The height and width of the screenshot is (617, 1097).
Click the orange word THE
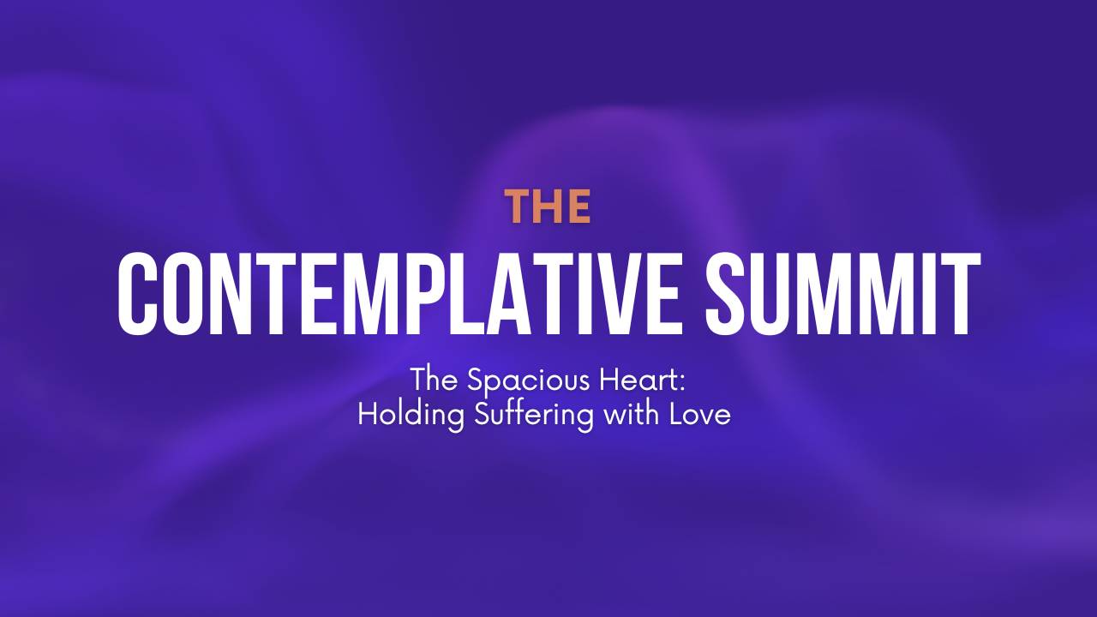point(548,207)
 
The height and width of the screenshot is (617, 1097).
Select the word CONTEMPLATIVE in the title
point(403,294)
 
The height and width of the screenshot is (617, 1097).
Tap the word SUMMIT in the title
point(842,294)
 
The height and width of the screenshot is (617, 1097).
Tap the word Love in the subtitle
point(700,416)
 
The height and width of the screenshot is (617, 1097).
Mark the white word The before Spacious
point(434,380)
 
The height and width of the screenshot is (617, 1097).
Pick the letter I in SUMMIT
point(931,294)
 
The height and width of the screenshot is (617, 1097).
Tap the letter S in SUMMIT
point(729,294)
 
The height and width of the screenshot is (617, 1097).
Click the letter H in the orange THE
point(548,207)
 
